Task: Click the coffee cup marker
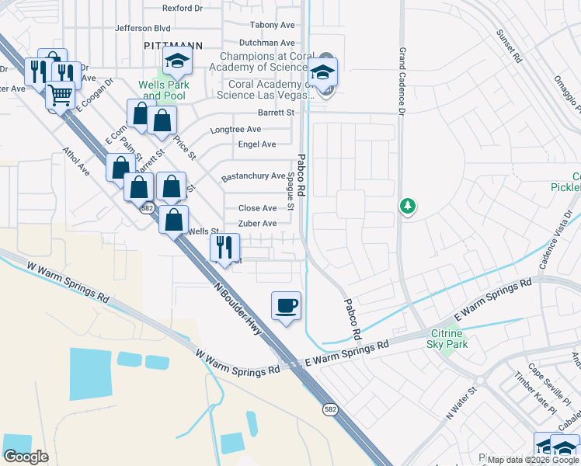(x=287, y=305)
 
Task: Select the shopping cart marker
(x=60, y=96)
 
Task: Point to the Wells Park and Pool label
(x=163, y=90)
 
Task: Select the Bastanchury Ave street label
(x=253, y=177)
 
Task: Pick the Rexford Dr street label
(x=183, y=9)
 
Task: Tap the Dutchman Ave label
(x=266, y=43)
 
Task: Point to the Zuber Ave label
(x=258, y=224)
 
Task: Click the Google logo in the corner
(x=26, y=457)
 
